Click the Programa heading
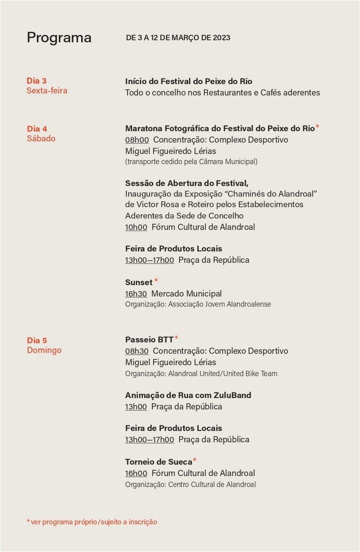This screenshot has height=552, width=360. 59,38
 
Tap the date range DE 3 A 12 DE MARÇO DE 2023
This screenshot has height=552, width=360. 178,38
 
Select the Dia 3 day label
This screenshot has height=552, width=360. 36,81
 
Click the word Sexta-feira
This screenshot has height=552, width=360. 47,91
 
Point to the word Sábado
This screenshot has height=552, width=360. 41,138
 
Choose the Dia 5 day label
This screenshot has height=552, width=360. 37,341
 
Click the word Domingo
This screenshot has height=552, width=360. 44,350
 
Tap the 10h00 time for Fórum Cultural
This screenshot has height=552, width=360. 136,227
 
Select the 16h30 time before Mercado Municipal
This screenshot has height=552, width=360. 136,294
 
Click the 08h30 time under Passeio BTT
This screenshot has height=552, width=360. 137,351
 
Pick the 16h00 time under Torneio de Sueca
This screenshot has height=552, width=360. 136,473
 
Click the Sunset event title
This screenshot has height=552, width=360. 138,282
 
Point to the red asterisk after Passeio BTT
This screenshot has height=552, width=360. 176,338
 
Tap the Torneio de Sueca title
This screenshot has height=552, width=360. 158,462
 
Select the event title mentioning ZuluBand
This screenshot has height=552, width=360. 188,395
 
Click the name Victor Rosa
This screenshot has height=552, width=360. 157,204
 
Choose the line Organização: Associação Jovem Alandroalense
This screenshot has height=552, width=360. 198,305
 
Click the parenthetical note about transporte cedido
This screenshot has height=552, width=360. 191,162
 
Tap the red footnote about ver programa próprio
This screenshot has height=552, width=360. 92,522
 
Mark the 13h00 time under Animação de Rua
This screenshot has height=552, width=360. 136,407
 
